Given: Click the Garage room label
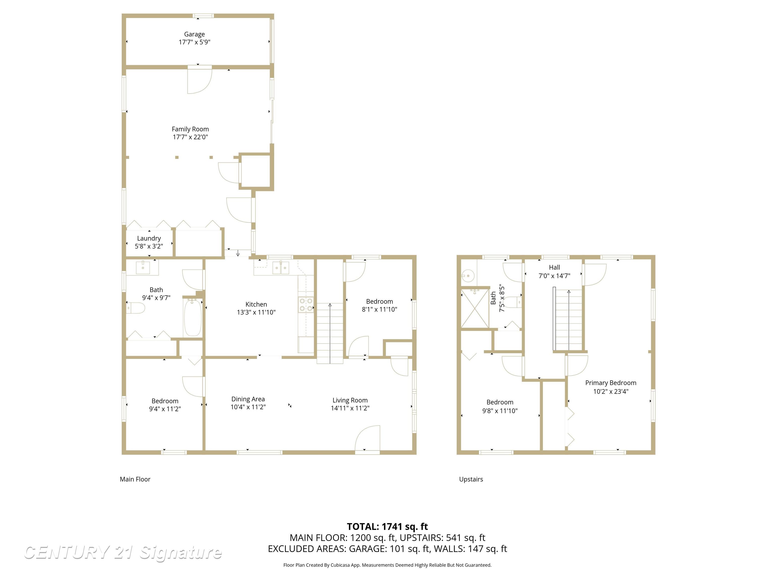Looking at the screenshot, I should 195,34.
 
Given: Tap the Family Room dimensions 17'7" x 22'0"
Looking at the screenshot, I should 190,137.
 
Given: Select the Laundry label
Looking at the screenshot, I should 149,238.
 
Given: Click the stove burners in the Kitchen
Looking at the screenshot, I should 306,305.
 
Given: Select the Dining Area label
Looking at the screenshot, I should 248,399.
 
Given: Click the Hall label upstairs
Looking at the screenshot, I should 554,267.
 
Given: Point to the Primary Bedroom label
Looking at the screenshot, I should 611,383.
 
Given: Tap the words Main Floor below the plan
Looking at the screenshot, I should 135,479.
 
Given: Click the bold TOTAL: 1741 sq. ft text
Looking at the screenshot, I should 387,526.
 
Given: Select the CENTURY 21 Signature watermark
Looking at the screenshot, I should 123,552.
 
